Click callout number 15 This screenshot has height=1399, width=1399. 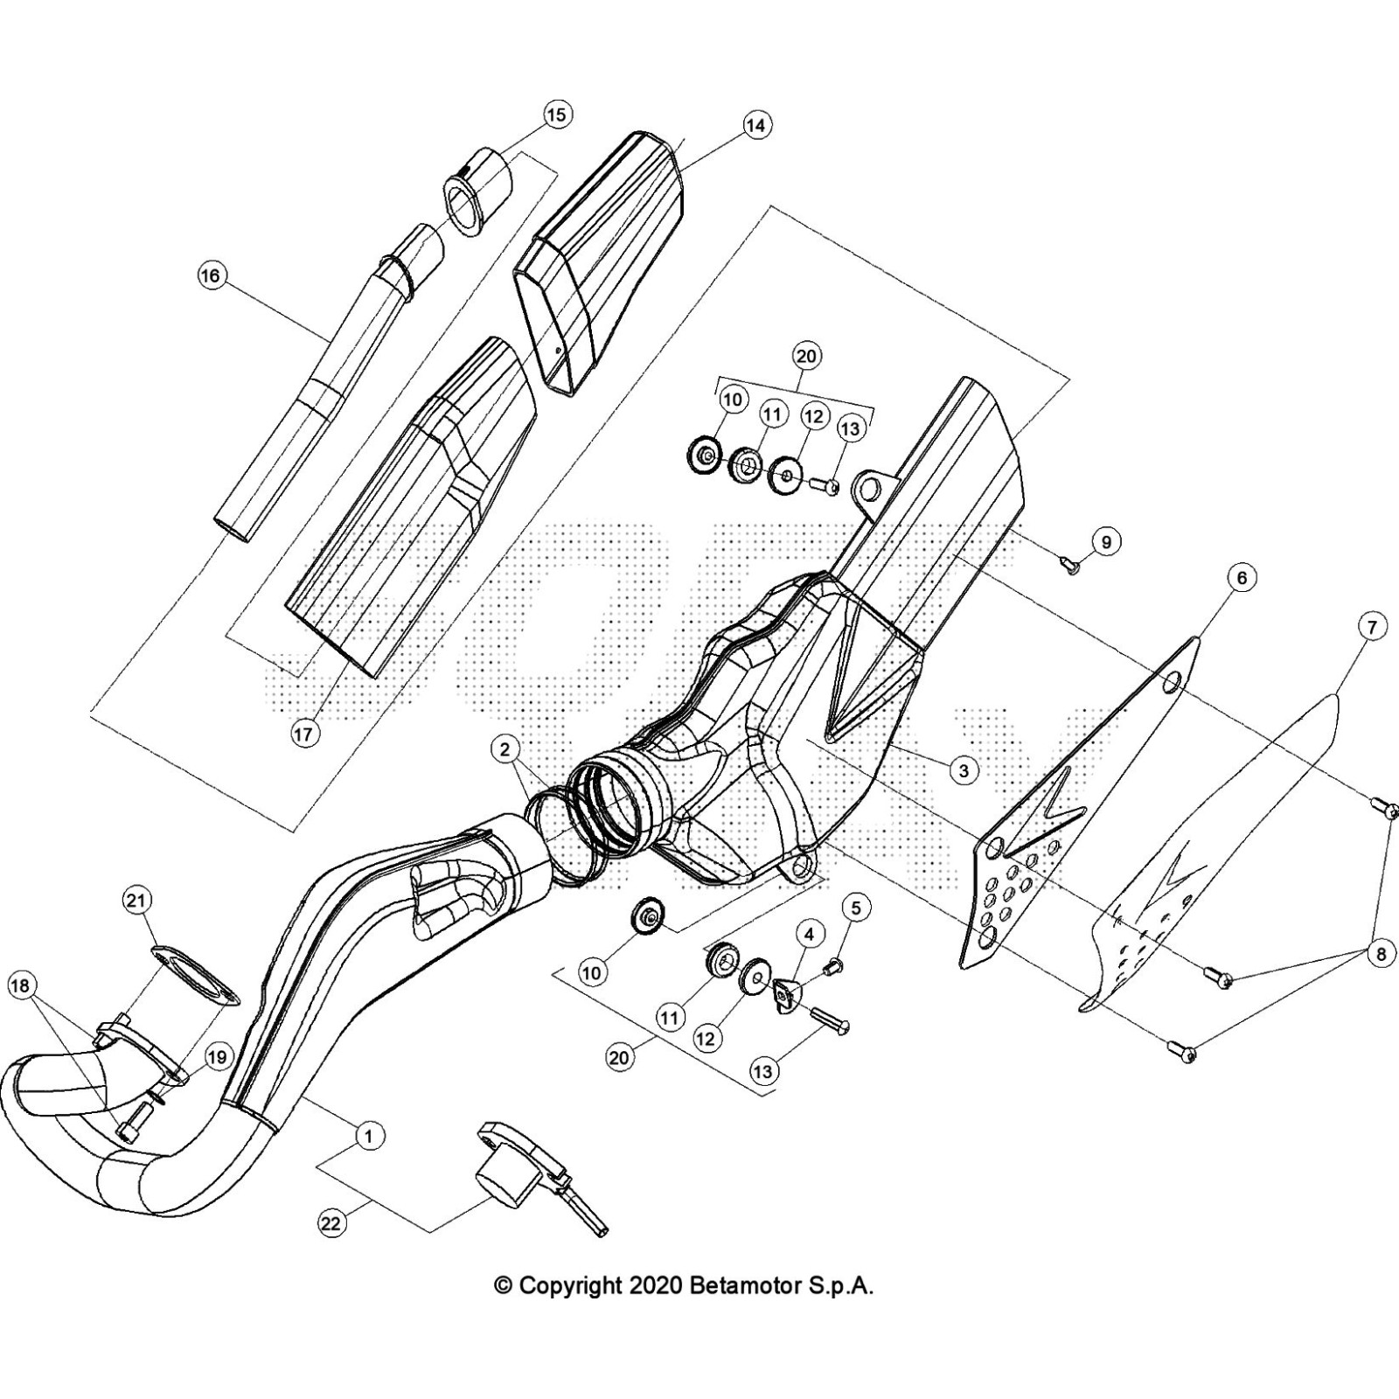556,115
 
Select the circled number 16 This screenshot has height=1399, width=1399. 211,276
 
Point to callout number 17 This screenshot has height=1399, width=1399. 303,734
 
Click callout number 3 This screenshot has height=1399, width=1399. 963,770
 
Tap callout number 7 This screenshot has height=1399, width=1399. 1372,626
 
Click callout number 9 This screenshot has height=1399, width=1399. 1106,542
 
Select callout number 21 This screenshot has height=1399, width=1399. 138,900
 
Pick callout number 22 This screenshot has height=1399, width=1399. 330,1223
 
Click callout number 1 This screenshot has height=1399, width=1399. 369,1136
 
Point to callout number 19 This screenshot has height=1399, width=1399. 216,1057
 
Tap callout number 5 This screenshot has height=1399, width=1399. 855,908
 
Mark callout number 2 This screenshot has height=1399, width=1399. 505,748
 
